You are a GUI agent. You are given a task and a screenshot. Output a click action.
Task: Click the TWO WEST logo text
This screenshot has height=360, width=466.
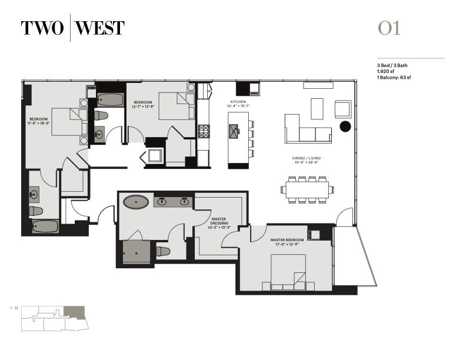tap(72, 28)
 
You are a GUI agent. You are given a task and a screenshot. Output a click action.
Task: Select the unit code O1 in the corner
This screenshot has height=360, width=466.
tap(389, 28)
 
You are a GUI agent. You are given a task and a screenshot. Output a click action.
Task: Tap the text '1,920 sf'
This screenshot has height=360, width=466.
tap(386, 71)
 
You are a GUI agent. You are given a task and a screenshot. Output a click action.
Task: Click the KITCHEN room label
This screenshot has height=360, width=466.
tap(238, 104)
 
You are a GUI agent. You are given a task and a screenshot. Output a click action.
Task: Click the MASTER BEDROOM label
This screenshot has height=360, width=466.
tap(287, 240)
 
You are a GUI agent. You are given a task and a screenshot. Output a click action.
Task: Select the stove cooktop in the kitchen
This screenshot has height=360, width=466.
tap(204, 130)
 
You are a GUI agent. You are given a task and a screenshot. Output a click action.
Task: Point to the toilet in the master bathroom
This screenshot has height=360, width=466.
tap(163, 251)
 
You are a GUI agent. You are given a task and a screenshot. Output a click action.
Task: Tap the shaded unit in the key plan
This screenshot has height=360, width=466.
tap(74, 312)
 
